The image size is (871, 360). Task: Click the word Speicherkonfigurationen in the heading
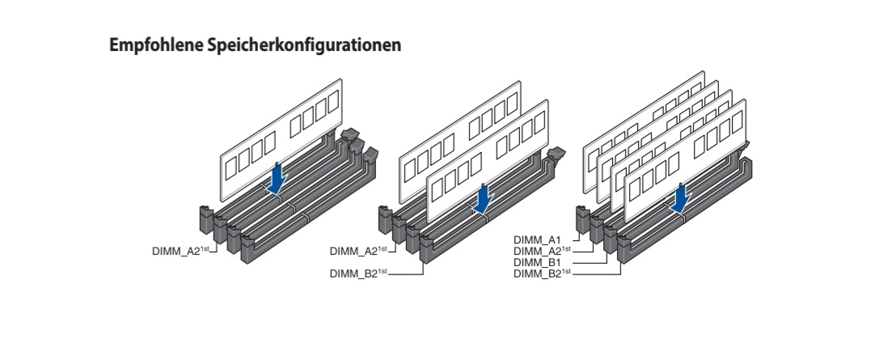304,45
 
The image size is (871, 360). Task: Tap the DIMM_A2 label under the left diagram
176,251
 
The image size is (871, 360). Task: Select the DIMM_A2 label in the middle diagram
354,251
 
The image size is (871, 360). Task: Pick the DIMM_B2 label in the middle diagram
354,273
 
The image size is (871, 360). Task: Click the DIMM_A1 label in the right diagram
537,240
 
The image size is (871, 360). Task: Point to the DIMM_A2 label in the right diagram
538,251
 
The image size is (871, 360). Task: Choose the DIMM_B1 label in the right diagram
537,262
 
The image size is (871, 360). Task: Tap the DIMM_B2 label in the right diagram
538,273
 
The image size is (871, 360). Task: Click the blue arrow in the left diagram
277,178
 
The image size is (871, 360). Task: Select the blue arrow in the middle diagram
484,198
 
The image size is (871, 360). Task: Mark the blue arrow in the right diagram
680,197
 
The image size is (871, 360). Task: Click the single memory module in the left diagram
281,140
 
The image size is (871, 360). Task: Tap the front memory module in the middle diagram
487,160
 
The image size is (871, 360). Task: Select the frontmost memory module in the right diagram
685,160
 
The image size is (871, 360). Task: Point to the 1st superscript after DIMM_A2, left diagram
205,249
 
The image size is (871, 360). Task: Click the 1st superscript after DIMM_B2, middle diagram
383,271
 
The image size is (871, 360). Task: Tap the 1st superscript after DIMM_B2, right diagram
567,271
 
